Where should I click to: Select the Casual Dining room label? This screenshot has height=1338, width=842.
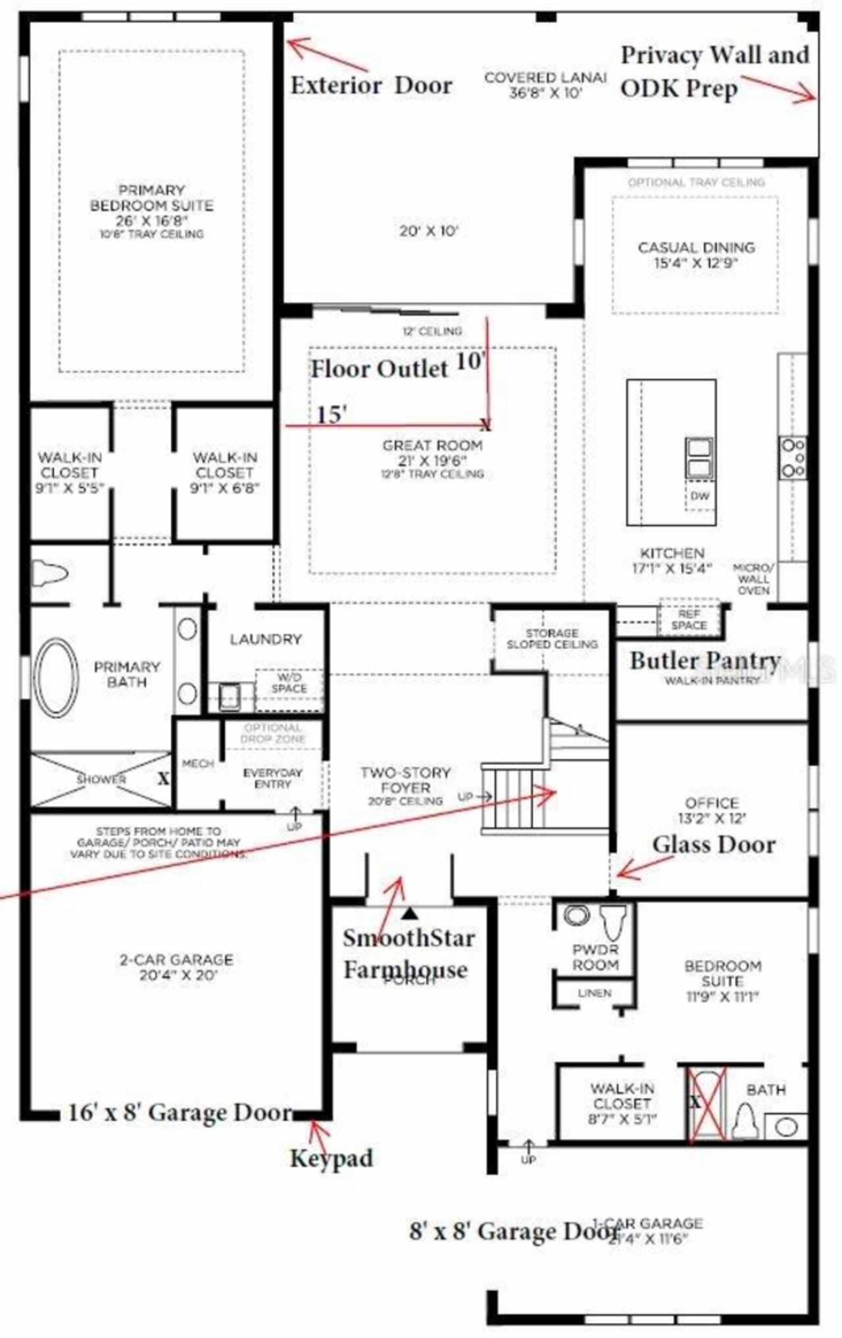(x=696, y=255)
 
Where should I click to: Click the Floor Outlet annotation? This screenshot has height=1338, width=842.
(x=380, y=368)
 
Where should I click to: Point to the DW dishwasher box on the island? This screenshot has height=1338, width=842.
(x=700, y=495)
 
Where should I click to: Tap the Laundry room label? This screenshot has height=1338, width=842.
(x=266, y=639)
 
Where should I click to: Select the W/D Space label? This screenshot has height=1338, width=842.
(x=289, y=683)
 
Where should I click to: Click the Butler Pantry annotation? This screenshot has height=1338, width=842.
(x=705, y=660)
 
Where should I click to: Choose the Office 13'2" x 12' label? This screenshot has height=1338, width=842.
(x=712, y=810)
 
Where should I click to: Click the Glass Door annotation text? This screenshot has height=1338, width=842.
(x=714, y=844)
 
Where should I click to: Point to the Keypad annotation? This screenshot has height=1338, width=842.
(x=332, y=1158)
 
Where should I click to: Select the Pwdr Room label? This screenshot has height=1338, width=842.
(x=595, y=957)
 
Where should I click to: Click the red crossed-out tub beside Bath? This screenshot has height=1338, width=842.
(x=708, y=1103)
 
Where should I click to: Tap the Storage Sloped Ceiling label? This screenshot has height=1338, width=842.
(x=552, y=638)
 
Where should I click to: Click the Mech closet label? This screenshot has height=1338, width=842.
(x=197, y=764)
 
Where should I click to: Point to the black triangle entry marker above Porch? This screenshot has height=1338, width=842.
(x=410, y=913)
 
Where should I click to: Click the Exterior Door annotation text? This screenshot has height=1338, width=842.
(x=371, y=86)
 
